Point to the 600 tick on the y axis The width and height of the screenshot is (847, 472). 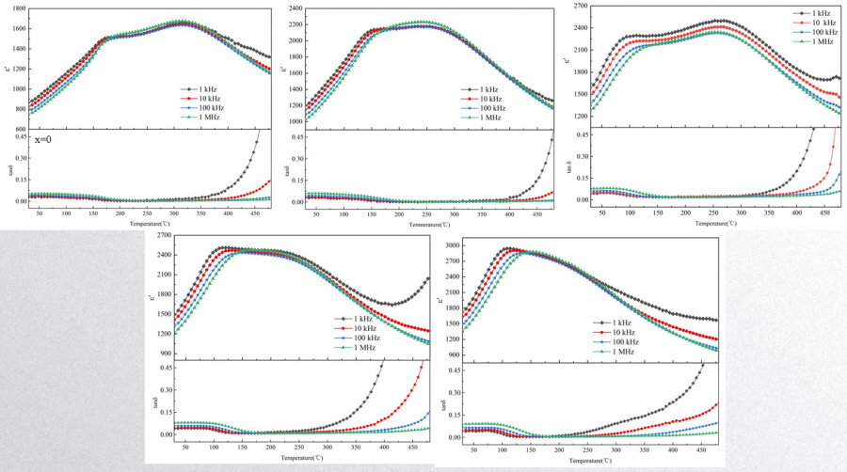click(x=19, y=129)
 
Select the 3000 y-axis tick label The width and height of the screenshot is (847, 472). click(x=450, y=245)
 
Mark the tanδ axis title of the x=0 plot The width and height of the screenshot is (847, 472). click(x=11, y=171)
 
